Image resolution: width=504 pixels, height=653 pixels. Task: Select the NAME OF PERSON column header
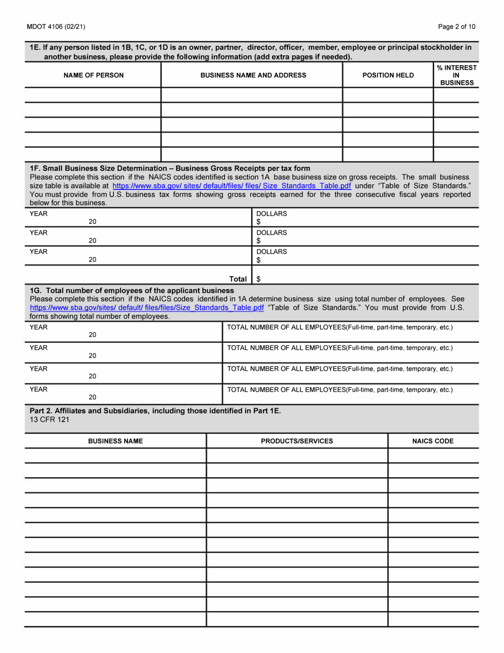[x=93, y=75]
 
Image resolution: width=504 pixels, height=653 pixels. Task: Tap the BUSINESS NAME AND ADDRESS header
[x=253, y=75]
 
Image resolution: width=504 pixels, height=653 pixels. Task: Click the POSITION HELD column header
[x=388, y=75]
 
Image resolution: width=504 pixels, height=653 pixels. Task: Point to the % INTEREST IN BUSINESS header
[x=456, y=75]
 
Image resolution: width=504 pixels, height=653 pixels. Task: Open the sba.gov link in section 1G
[x=147, y=307]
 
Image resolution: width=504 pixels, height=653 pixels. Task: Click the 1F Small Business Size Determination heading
[x=170, y=168]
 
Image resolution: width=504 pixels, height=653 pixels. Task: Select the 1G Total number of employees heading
[x=132, y=290]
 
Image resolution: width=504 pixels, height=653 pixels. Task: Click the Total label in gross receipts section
[x=238, y=279]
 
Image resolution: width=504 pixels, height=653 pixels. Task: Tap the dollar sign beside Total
[x=258, y=279]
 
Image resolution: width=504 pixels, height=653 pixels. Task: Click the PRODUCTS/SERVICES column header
[x=297, y=441]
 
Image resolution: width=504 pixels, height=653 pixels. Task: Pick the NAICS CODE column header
[x=433, y=441]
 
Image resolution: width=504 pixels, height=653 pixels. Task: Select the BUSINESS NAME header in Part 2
[x=115, y=441]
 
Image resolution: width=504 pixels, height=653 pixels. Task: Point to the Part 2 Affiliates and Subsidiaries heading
[x=154, y=410]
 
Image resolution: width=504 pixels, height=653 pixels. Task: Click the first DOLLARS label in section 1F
[x=271, y=213]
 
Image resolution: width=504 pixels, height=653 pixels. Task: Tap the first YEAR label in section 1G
[x=39, y=328]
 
